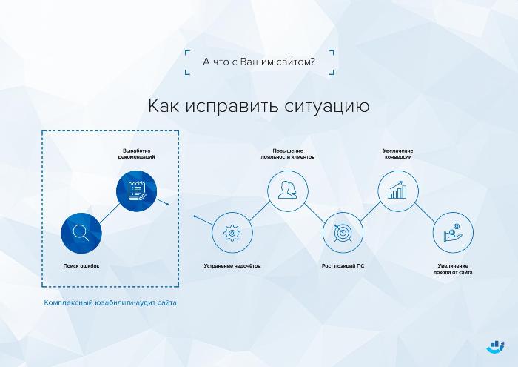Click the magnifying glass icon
click(x=81, y=233)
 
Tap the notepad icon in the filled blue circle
click(x=136, y=191)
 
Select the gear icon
click(x=232, y=233)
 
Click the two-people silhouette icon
click(x=287, y=190)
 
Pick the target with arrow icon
click(x=343, y=233)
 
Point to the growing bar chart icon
click(x=397, y=190)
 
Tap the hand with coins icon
click(x=453, y=233)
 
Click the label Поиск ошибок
click(x=81, y=265)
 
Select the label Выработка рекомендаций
click(x=136, y=154)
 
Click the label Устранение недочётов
click(x=232, y=265)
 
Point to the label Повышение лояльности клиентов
click(x=288, y=154)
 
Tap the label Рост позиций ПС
click(x=343, y=265)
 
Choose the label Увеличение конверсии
click(x=398, y=154)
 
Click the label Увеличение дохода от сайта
click(x=453, y=269)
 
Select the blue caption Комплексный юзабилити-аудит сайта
click(x=110, y=302)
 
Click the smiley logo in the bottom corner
click(x=496, y=347)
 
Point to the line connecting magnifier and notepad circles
click(x=110, y=213)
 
